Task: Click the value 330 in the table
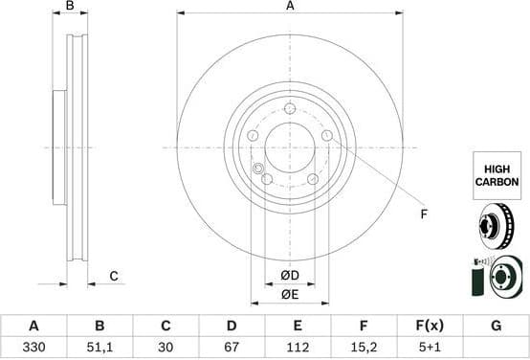click(33, 349)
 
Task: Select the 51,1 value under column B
click(99, 349)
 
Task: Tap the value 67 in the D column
click(232, 349)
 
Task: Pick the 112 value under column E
click(298, 349)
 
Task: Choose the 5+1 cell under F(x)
click(430, 349)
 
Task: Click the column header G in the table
click(496, 326)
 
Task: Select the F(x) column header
click(430, 326)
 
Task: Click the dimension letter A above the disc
click(290, 7)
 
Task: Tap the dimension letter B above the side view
click(69, 7)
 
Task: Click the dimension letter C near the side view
click(113, 277)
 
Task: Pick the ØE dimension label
click(290, 295)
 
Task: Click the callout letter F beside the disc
click(424, 214)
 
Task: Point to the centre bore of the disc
click(290, 147)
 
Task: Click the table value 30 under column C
click(166, 349)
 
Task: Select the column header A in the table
click(33, 326)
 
